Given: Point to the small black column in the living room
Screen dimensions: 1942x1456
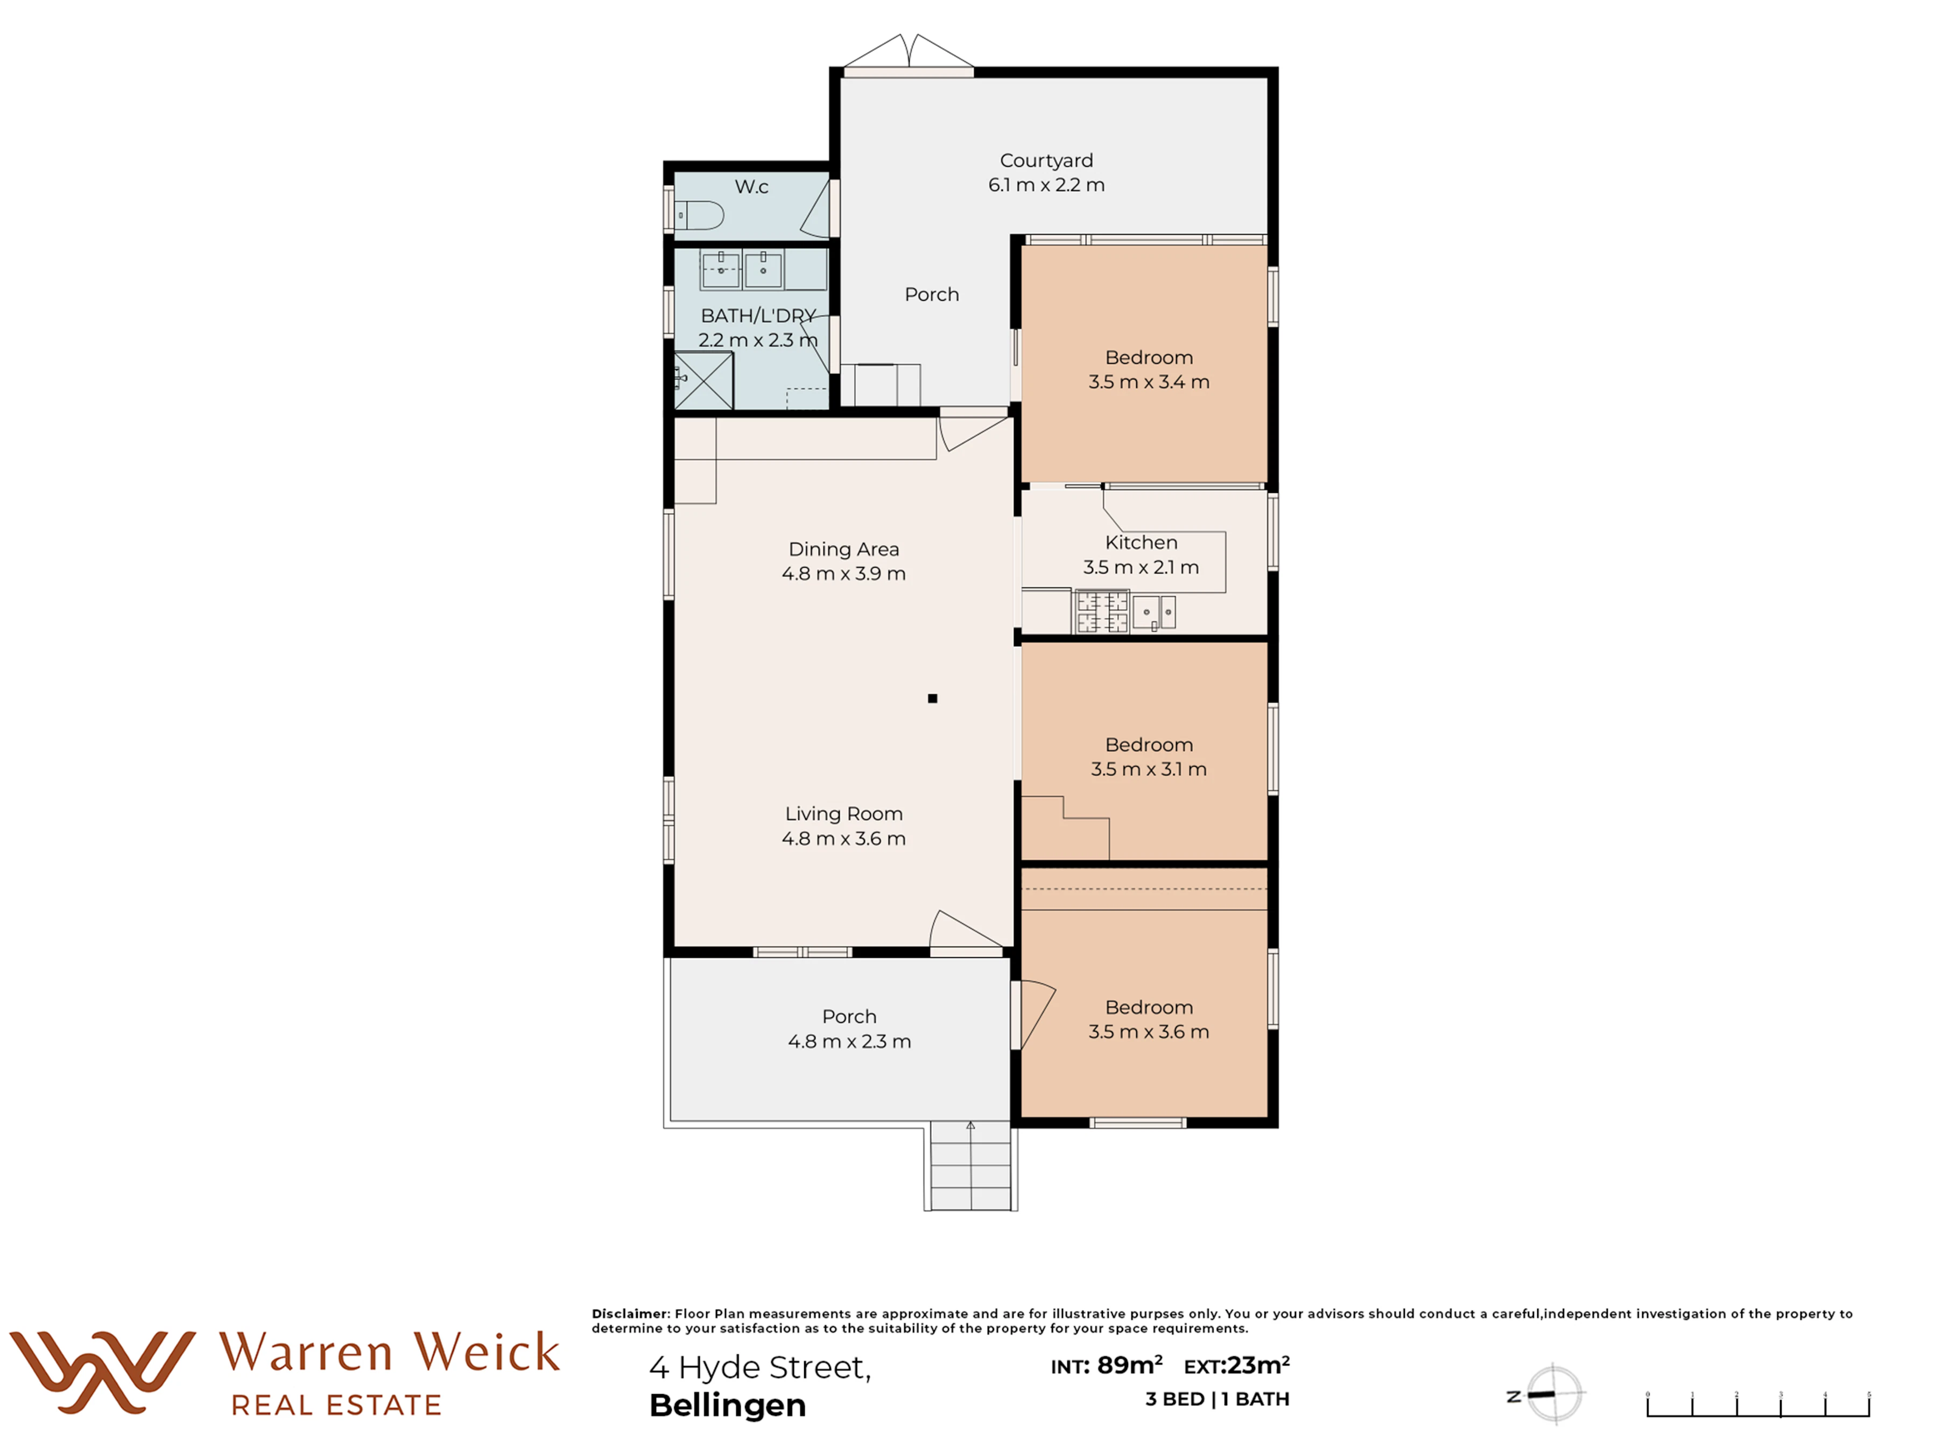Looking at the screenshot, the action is coord(932,698).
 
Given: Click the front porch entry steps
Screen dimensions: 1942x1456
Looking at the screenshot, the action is coord(971,1165).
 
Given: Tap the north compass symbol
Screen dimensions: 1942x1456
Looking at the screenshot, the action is coord(1545,1394).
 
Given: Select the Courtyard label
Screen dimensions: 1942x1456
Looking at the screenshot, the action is coord(1046,160).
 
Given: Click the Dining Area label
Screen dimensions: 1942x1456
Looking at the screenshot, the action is coord(843,549).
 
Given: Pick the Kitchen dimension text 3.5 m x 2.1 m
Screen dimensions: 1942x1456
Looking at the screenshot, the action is coord(1141,567).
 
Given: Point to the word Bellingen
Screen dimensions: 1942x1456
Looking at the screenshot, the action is coord(728,1405).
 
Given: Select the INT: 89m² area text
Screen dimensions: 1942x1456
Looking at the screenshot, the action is coord(1106,1366).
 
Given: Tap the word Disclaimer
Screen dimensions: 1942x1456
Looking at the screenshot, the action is coord(630,1314).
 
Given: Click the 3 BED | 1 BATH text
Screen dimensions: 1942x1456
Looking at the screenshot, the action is coord(1217,1399).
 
